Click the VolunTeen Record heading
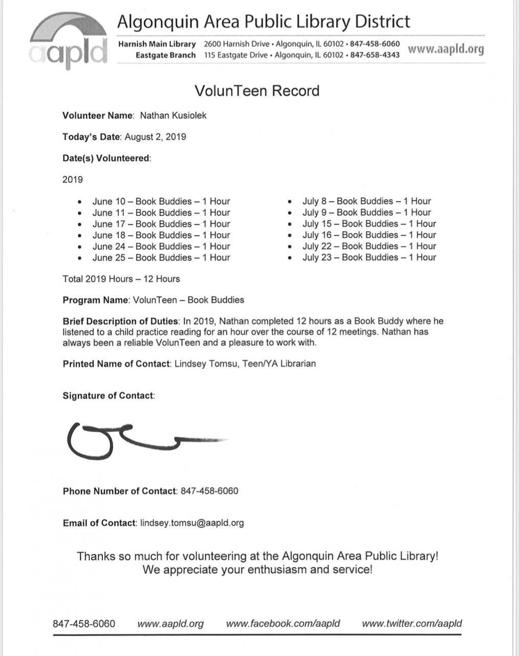coord(257,91)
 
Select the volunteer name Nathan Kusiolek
coord(174,116)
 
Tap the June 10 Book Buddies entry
coord(161,201)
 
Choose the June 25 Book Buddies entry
coord(161,258)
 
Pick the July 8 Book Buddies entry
coord(366,201)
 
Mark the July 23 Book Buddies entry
coord(369,258)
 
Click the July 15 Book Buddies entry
coord(369,224)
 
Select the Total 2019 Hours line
coord(121,279)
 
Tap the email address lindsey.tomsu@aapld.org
coord(192,523)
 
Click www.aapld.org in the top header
coord(446,49)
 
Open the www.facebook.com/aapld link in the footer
coord(283,624)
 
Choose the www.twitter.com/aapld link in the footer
coord(412,624)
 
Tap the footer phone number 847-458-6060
coord(84,624)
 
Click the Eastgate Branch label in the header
coord(165,55)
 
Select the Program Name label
coord(95,300)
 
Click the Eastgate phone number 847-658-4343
coord(375,55)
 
